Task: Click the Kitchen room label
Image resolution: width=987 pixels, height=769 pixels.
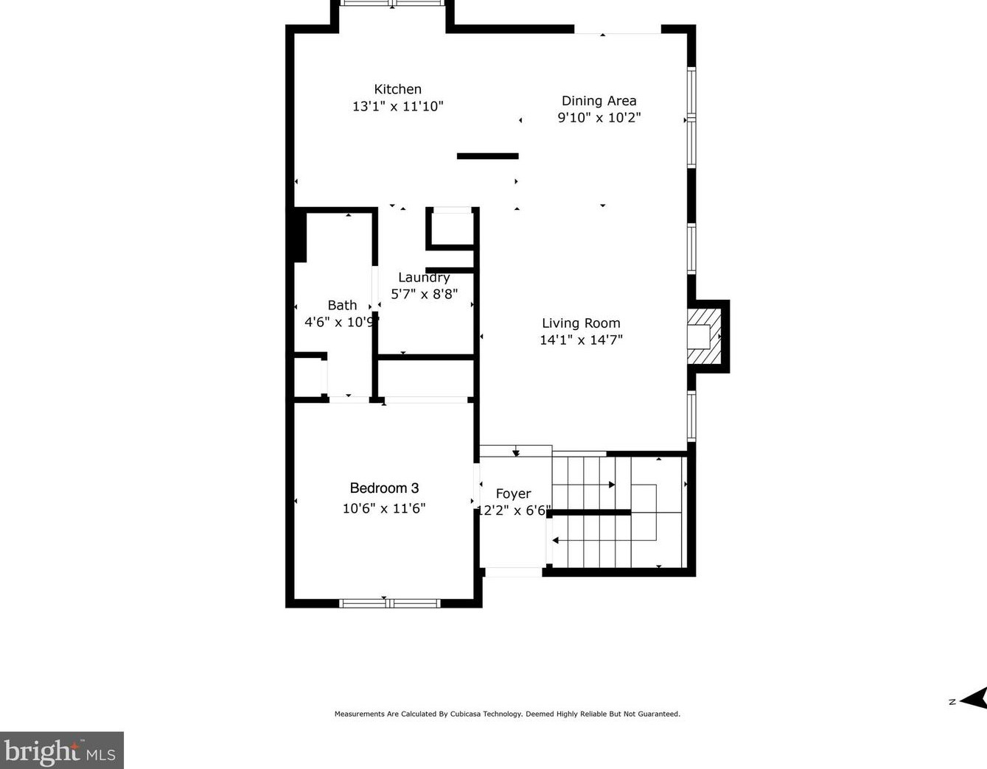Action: (x=397, y=89)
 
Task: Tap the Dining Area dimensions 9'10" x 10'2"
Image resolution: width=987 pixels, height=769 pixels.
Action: (x=599, y=117)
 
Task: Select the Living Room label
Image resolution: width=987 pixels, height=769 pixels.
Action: (x=581, y=323)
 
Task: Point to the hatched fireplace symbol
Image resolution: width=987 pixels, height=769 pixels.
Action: (x=703, y=337)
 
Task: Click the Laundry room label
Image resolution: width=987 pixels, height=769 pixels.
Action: (x=424, y=278)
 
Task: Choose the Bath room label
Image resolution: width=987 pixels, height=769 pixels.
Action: (x=342, y=305)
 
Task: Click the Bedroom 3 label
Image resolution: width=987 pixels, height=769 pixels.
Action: (x=384, y=488)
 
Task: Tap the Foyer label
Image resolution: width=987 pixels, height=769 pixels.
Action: (x=513, y=494)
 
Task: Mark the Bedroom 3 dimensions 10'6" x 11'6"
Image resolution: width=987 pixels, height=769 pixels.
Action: (x=384, y=508)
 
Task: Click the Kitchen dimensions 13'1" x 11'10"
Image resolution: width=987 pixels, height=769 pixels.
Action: (x=397, y=106)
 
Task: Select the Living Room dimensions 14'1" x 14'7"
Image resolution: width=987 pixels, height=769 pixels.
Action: (x=581, y=340)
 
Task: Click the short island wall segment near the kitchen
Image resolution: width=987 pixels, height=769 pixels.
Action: (x=487, y=156)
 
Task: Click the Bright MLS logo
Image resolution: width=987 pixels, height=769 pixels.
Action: (x=61, y=751)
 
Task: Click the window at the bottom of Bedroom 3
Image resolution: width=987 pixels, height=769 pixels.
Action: (x=389, y=603)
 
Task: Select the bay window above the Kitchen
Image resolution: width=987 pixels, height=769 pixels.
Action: (x=392, y=4)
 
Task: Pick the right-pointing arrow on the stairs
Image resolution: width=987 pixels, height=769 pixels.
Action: (x=611, y=485)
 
